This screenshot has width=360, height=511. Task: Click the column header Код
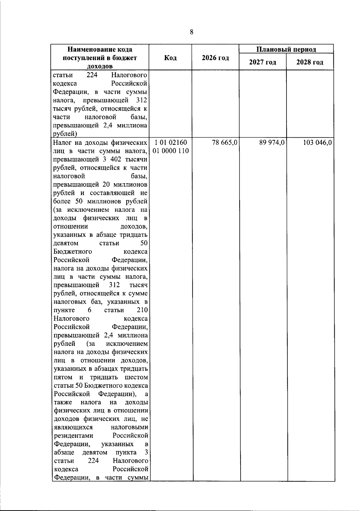(x=170, y=58)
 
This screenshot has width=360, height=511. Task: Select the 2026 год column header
(x=215, y=58)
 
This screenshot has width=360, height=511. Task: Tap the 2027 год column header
(x=262, y=62)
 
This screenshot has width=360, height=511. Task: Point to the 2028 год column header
(x=310, y=62)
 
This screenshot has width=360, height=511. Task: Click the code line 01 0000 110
(x=171, y=151)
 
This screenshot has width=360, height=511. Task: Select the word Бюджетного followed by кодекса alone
(x=73, y=251)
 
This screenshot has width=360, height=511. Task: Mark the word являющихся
(x=73, y=427)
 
